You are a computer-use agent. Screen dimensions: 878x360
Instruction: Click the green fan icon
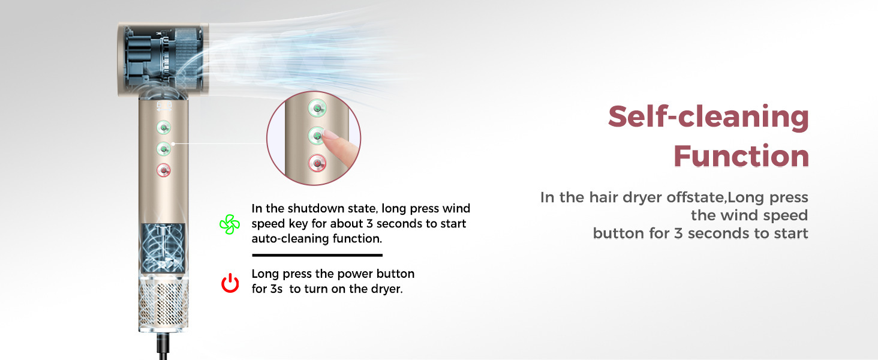tap(230, 224)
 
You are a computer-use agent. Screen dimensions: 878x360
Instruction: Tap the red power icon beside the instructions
tap(230, 283)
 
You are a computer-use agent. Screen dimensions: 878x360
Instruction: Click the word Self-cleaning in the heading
tap(708, 117)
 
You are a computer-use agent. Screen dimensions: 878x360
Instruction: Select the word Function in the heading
tap(741, 155)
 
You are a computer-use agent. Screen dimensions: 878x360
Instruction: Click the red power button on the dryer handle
tap(164, 170)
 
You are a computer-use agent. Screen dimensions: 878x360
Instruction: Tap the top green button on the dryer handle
tap(164, 127)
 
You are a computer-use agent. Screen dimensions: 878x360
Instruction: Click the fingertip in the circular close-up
tap(329, 136)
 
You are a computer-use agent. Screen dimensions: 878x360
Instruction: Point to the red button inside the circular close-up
tap(317, 164)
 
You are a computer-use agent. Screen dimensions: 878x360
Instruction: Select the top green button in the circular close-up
tap(317, 108)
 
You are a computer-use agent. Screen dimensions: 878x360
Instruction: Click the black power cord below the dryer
tap(163, 346)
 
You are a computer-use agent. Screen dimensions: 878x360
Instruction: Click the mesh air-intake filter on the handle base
tap(164, 304)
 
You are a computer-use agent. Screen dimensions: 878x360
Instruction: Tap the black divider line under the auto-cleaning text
tap(317, 255)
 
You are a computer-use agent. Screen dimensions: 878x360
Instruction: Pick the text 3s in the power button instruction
tap(276, 289)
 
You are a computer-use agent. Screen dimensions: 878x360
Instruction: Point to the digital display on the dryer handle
tap(164, 106)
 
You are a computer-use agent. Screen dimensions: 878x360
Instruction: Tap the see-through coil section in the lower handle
tap(163, 248)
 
